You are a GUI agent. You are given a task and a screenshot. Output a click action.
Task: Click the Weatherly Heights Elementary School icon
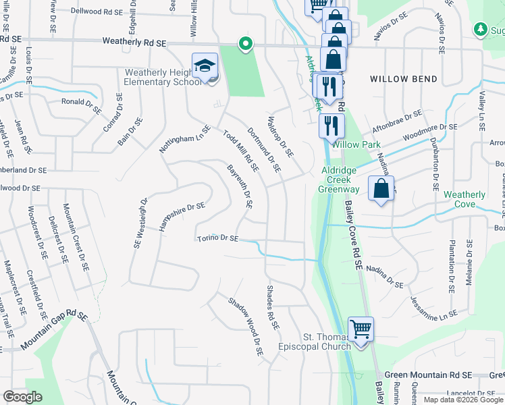[205, 67]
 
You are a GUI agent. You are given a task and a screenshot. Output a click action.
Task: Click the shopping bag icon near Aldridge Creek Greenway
[381, 188]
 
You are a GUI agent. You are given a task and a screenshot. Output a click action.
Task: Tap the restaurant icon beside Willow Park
[331, 126]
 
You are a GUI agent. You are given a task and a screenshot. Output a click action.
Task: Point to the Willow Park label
[356, 144]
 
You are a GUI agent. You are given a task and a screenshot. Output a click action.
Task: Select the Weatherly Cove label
[464, 199]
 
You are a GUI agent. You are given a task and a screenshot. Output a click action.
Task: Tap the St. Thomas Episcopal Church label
[316, 342]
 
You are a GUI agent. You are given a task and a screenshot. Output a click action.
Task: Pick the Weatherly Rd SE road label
[134, 42]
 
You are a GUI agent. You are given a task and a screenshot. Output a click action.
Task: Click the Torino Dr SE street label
[217, 238]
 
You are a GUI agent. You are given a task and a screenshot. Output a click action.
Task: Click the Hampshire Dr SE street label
[182, 215]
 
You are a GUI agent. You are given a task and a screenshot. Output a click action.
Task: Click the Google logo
[22, 397]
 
